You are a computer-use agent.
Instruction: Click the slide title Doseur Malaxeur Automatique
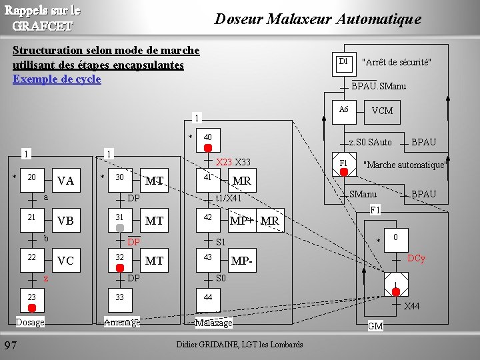point(317,19)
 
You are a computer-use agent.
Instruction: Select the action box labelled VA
point(65,181)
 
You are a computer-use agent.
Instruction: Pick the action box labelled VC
point(65,261)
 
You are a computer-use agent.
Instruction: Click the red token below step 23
point(31,307)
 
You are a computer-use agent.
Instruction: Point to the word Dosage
point(30,323)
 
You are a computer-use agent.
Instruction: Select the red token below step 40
point(208,148)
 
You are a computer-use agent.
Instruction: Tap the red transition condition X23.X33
point(233,163)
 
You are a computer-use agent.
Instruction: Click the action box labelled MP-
point(241,261)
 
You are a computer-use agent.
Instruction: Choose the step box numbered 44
point(207,297)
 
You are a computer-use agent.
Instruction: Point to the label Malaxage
point(213,323)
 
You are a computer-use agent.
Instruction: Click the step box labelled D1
point(343,62)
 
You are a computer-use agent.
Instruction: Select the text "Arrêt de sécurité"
point(396,63)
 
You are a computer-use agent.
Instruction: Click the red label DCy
point(416,258)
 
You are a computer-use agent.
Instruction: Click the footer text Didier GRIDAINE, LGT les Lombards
point(239,345)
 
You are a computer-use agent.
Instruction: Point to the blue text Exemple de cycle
point(57,79)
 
